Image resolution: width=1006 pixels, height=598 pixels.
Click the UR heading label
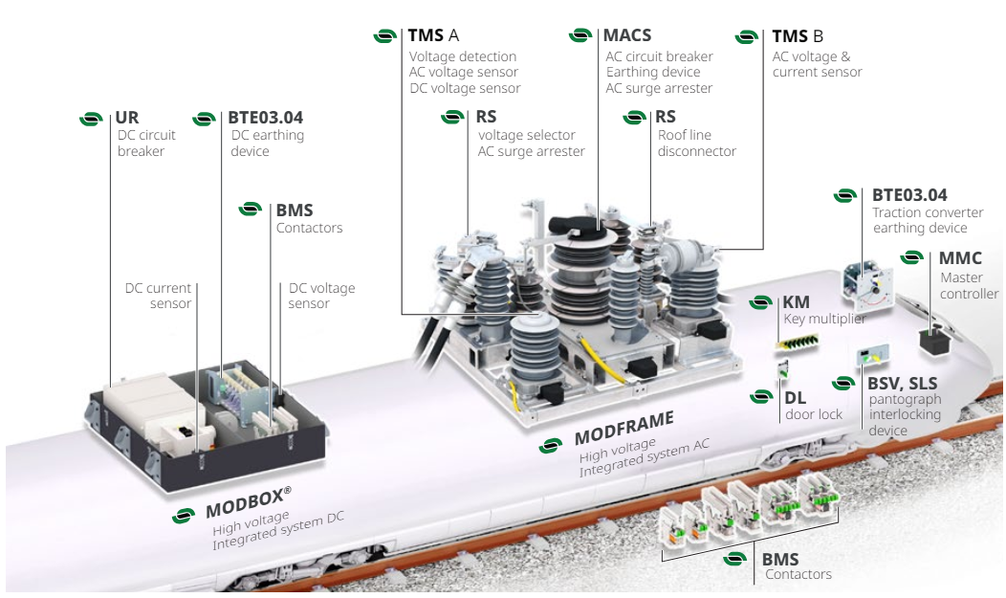point(127,119)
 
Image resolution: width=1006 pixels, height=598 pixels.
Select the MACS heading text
point(627,35)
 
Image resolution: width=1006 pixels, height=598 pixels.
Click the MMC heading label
point(960,258)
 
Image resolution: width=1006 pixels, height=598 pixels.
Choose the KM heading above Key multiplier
point(796,302)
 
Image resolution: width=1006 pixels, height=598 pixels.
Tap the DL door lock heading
point(795,397)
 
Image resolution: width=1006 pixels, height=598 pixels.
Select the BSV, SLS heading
point(902,383)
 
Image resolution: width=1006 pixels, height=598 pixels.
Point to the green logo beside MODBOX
point(184,516)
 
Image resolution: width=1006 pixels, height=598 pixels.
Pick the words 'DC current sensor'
point(159,296)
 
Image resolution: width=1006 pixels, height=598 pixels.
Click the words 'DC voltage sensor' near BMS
point(321,296)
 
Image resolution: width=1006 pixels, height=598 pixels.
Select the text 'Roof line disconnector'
point(697,144)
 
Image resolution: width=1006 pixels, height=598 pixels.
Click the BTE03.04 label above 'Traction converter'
point(909,195)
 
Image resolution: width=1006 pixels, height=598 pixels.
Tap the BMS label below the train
point(780,560)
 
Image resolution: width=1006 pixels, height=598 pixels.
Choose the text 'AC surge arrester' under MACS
point(659,88)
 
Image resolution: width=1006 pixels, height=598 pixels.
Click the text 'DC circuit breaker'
point(146,144)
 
